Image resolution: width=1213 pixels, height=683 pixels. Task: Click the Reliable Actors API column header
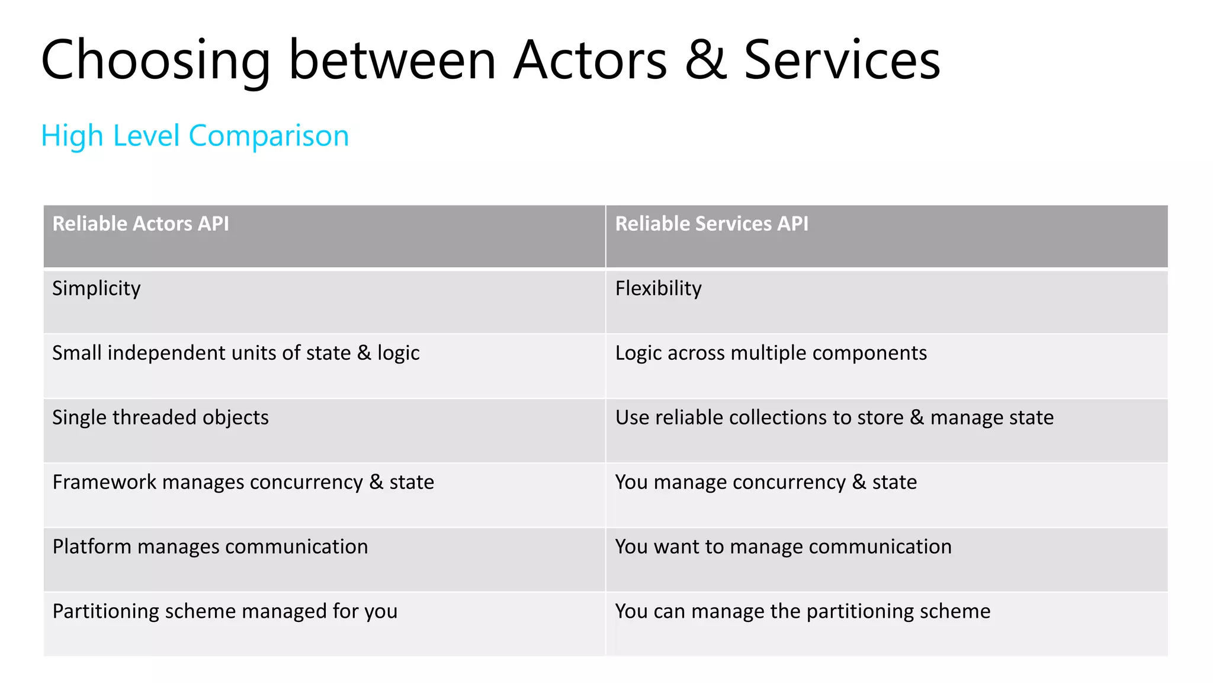pos(140,224)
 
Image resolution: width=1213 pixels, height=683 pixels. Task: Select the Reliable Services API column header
pos(711,224)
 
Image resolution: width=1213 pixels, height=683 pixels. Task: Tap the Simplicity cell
pos(97,289)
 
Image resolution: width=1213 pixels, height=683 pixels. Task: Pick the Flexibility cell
pos(658,289)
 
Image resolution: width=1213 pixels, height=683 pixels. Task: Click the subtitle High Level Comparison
pos(195,136)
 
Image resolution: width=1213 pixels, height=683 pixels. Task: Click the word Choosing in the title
pos(155,60)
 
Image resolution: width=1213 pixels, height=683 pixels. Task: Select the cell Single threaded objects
pos(161,417)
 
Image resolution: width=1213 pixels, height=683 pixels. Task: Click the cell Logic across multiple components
pos(771,353)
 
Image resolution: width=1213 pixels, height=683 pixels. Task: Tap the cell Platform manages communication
pos(210,547)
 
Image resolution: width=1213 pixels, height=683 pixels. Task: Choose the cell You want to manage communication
pos(783,547)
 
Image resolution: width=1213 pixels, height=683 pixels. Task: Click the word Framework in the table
pos(104,482)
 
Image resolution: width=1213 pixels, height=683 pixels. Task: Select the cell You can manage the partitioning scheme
pos(803,611)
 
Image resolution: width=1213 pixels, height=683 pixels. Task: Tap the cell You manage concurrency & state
pos(766,482)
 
